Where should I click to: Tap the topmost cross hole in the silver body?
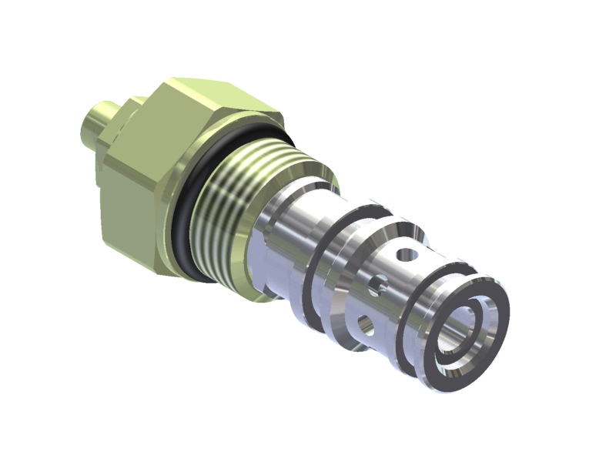(x=401, y=252)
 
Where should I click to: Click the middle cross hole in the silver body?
(x=375, y=287)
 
